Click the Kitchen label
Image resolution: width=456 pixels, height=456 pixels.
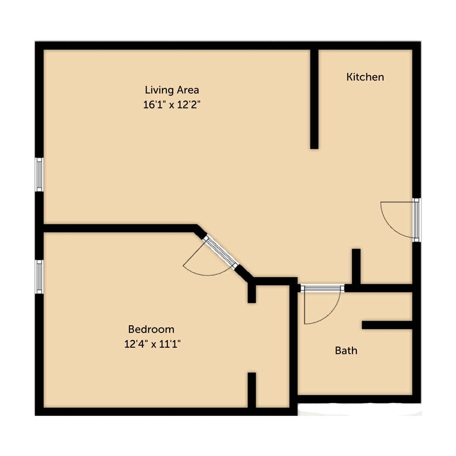coord(365,77)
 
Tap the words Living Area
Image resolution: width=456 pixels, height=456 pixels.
coord(172,90)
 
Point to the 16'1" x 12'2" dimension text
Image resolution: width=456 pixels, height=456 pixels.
coord(172,104)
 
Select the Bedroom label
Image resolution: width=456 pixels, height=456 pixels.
coord(151,329)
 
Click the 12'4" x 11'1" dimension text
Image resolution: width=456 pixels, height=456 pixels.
coord(152,344)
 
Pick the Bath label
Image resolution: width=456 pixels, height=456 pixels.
coord(346,350)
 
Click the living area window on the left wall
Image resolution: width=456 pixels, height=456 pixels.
coord(39,174)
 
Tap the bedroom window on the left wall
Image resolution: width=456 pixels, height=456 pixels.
coord(39,277)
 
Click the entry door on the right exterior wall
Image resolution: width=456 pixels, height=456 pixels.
coord(416,220)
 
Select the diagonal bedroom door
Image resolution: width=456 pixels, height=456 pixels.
coord(220,252)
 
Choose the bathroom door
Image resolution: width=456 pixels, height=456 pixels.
coord(322,288)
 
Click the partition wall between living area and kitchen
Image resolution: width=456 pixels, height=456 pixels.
coord(314,99)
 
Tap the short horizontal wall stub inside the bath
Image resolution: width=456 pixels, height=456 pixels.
coord(387,325)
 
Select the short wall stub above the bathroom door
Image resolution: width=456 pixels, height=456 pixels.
coord(356,266)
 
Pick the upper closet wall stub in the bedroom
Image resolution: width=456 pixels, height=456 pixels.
coord(252,294)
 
